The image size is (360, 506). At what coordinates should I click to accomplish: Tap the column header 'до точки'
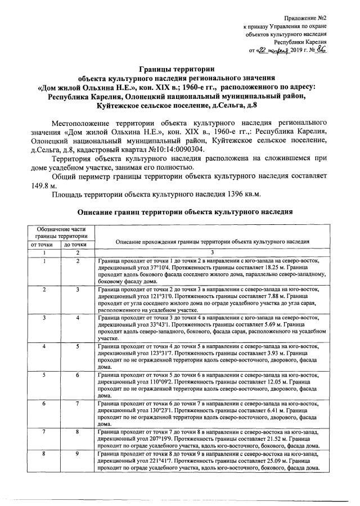pyautogui.click(x=75, y=245)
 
